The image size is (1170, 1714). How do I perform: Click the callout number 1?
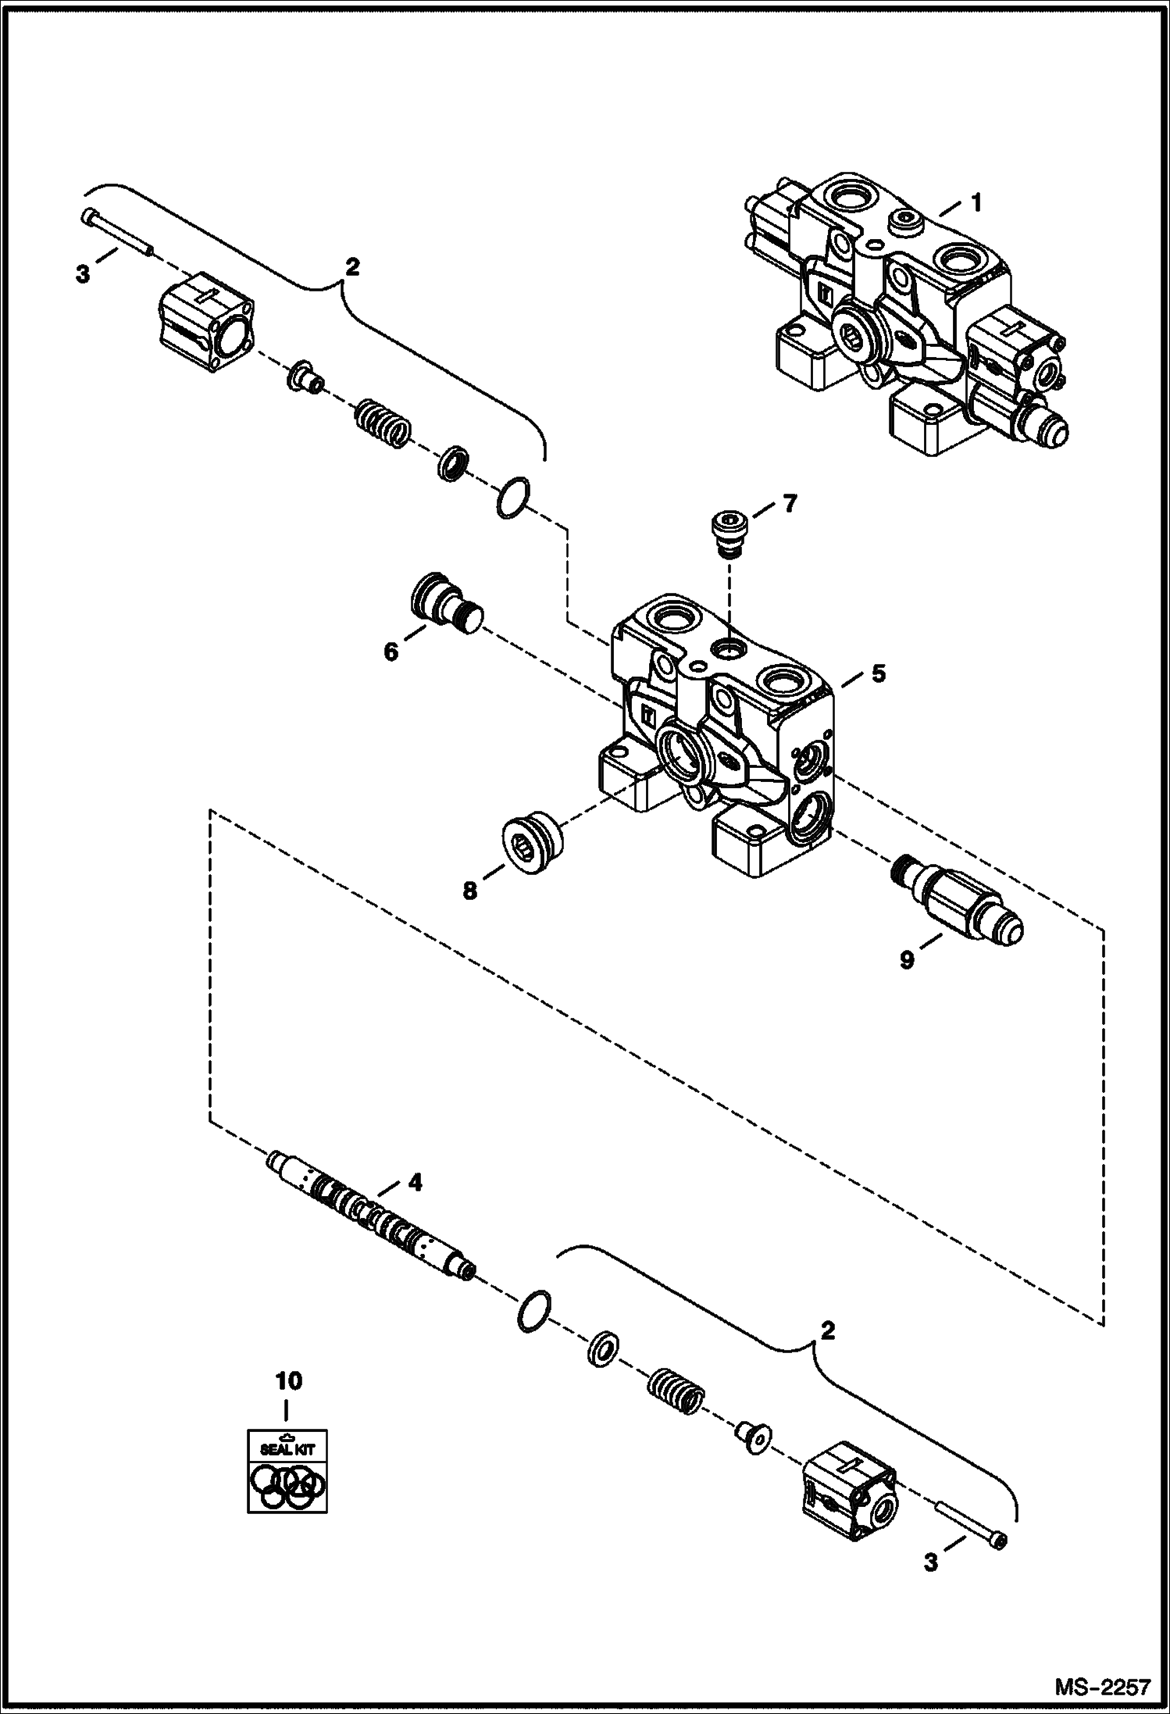pyautogui.click(x=975, y=202)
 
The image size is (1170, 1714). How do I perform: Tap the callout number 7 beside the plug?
pyautogui.click(x=790, y=504)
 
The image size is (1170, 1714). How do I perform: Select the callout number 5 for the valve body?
pyautogui.click(x=879, y=673)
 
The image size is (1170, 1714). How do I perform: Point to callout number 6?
pyautogui.click(x=391, y=651)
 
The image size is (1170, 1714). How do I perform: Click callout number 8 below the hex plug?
pyautogui.click(x=469, y=891)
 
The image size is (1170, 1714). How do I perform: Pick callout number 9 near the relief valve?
pyautogui.click(x=906, y=960)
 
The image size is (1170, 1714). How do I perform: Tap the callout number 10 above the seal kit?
pyautogui.click(x=287, y=1380)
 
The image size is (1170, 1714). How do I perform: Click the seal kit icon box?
pyautogui.click(x=287, y=1470)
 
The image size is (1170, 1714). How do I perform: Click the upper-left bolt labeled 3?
pyautogui.click(x=118, y=233)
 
